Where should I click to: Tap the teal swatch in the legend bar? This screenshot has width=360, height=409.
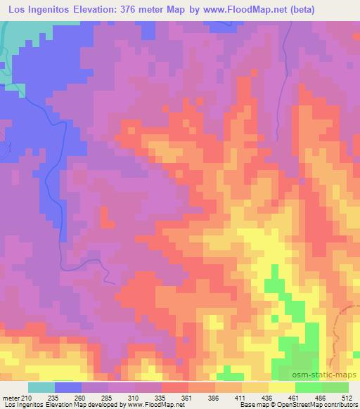(41, 387)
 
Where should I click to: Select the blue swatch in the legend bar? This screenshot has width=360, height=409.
(68, 387)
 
